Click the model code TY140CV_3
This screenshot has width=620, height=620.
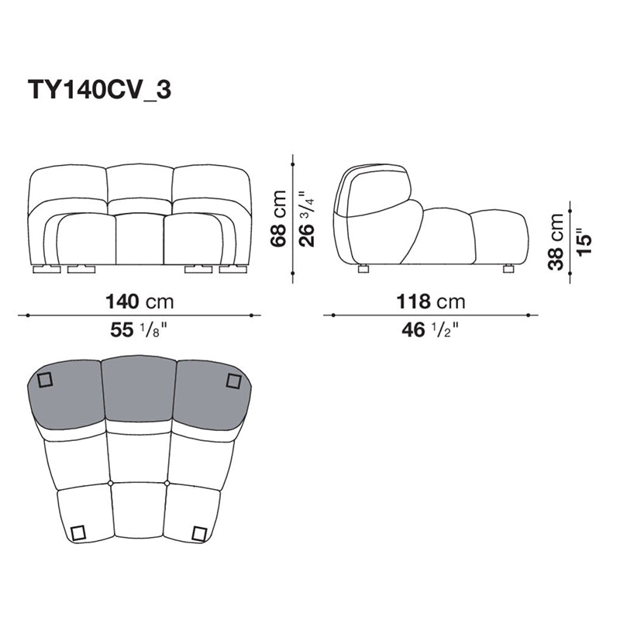click(100, 91)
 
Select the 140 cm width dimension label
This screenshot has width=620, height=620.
click(139, 301)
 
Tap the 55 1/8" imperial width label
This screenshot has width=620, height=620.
click(139, 331)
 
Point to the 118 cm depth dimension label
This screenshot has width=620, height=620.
click(432, 301)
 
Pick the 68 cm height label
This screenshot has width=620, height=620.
click(279, 219)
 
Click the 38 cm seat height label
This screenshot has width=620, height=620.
click(556, 241)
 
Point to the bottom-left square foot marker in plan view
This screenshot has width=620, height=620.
click(77, 532)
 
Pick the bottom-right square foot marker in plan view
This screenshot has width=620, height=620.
click(199, 533)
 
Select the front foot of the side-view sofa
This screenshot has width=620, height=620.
click(508, 269)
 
